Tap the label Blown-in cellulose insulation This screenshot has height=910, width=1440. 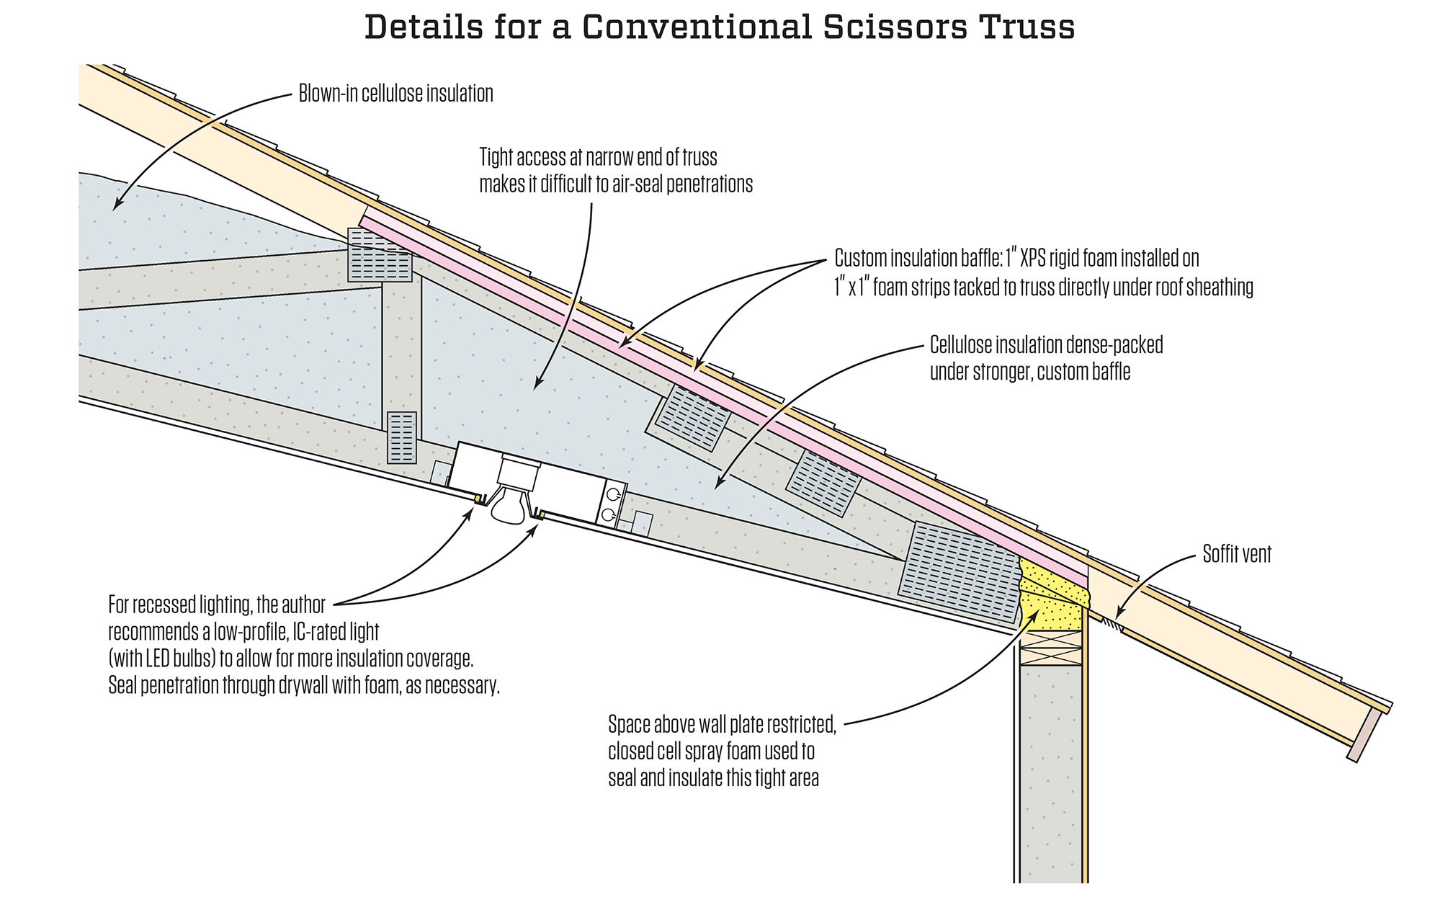coord(395,94)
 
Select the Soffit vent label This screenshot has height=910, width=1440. coord(1237,554)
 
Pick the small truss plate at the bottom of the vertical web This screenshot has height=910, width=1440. coord(401,437)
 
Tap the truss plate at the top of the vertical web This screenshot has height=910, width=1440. coord(379,255)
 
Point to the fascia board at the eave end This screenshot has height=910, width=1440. coord(1364,735)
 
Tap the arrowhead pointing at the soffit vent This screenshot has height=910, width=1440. coord(1118,614)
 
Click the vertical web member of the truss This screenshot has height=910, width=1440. coord(401,346)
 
